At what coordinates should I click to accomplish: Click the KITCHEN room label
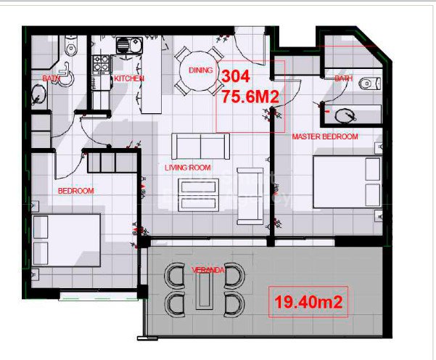(x=129, y=78)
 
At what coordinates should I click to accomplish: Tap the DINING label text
(x=200, y=70)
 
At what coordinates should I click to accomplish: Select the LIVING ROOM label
(x=187, y=168)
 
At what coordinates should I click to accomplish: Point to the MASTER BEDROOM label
(x=324, y=136)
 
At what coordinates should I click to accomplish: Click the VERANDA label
(x=207, y=270)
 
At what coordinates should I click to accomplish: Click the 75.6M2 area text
(x=251, y=94)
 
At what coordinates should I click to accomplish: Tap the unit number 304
(x=236, y=76)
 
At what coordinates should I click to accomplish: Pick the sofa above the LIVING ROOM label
(x=200, y=146)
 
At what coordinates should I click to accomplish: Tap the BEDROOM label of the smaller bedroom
(x=76, y=191)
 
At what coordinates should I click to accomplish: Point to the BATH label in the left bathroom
(x=52, y=78)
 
